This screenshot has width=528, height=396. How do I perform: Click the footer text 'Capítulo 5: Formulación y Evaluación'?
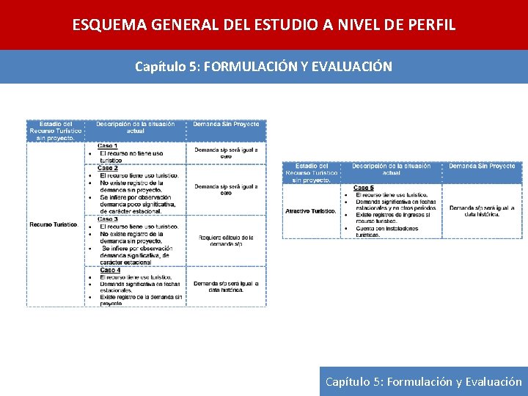tap(424, 381)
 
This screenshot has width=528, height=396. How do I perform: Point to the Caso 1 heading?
tap(108, 145)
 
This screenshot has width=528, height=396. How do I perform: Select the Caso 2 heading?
tap(108, 168)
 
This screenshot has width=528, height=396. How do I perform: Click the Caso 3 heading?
tap(108, 219)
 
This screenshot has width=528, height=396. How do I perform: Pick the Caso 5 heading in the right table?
tap(364, 188)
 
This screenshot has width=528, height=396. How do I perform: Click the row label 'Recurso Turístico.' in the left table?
tap(54, 224)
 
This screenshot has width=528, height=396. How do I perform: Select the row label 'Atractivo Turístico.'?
tap(311, 211)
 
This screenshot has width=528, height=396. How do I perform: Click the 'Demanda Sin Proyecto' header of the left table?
tap(226, 124)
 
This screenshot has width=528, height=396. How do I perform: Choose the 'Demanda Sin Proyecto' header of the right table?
tap(482, 166)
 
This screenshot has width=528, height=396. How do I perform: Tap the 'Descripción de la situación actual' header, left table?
tap(136, 128)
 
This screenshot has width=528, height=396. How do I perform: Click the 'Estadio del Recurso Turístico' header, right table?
tap(312, 172)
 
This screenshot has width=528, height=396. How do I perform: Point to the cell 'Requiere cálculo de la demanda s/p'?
tap(226, 241)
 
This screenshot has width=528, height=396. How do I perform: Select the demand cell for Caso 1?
tap(226, 153)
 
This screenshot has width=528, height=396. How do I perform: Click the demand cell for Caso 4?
tap(226, 287)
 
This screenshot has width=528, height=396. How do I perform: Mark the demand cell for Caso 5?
tap(482, 211)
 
